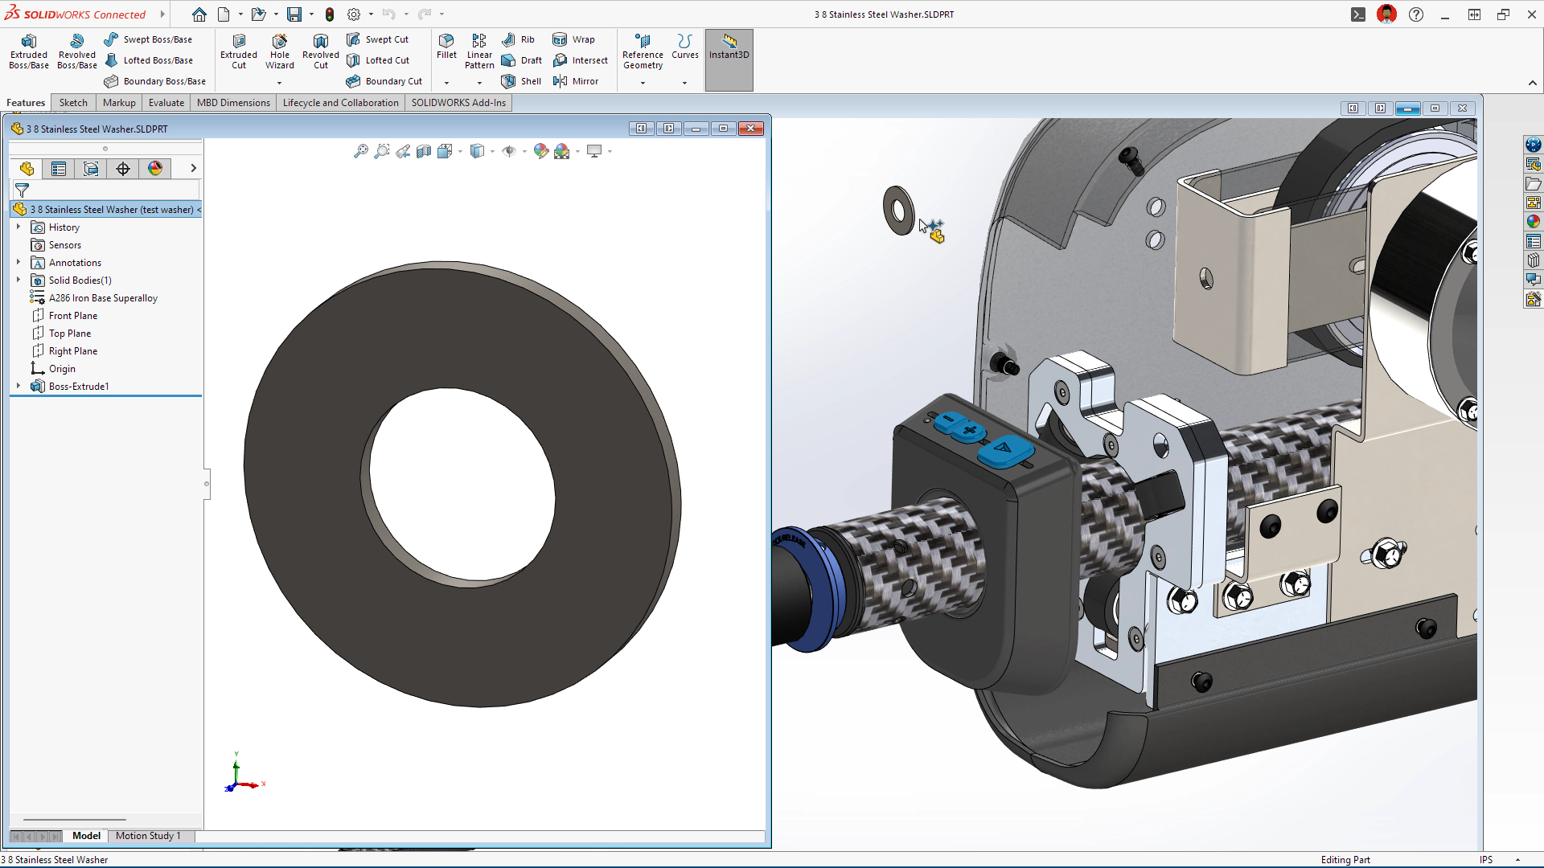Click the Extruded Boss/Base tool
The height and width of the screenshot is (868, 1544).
coord(29,51)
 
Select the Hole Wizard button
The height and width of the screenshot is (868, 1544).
coord(279,51)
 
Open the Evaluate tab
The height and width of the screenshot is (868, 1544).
coord(166,103)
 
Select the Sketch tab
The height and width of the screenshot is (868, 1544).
coord(73,103)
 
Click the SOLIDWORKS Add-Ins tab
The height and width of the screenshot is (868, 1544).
coord(458,103)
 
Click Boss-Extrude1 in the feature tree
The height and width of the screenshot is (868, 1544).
coord(78,387)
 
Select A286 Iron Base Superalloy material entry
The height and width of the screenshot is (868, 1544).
coord(103,298)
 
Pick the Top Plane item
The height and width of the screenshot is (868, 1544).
coord(70,334)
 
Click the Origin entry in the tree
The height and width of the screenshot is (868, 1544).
coord(62,369)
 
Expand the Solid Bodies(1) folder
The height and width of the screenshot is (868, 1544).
coord(18,280)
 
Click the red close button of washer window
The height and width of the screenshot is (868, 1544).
coord(751,129)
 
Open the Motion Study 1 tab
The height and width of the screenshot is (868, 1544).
coord(148,836)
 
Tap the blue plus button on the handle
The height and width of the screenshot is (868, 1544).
coord(969,431)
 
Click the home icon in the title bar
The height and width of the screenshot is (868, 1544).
coord(199,14)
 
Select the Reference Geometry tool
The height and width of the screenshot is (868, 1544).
coord(643,51)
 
